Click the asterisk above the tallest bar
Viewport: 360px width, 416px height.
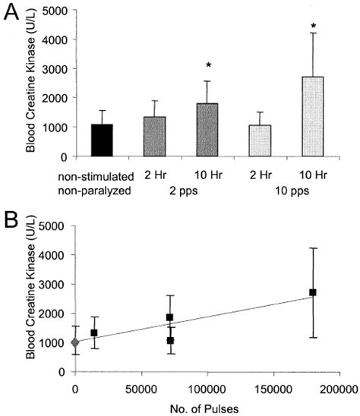click(313, 27)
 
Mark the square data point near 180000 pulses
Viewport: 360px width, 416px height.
click(312, 292)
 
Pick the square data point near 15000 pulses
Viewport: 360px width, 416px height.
click(94, 332)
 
